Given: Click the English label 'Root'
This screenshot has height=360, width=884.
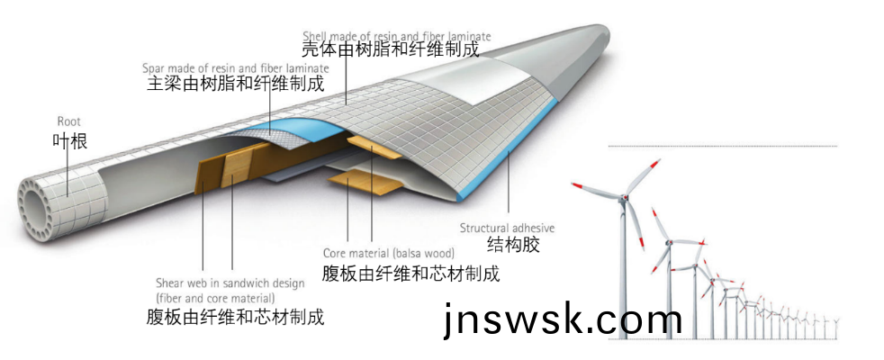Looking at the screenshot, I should pyautogui.click(x=68, y=121).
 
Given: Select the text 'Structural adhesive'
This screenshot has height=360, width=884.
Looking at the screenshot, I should pyautogui.click(x=507, y=228).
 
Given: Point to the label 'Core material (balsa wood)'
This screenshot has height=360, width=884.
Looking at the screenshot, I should pyautogui.click(x=389, y=253).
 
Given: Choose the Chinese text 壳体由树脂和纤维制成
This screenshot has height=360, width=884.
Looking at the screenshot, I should pyautogui.click(x=389, y=50).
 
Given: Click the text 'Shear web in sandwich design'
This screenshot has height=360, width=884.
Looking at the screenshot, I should pyautogui.click(x=230, y=282).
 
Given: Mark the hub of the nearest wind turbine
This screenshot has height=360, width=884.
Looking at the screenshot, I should pyautogui.click(x=621, y=197).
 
